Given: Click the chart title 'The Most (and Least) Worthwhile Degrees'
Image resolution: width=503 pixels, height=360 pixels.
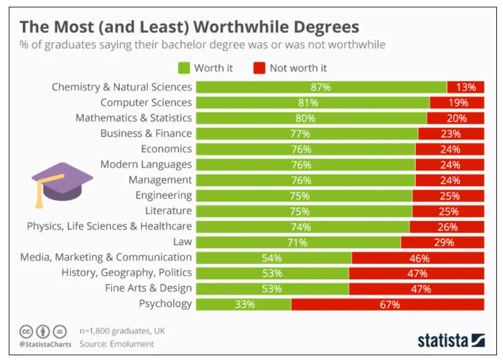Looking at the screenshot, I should (189, 27).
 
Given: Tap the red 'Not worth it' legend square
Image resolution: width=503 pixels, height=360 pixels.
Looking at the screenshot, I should (259, 68).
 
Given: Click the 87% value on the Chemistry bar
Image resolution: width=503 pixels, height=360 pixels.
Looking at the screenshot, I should (321, 87).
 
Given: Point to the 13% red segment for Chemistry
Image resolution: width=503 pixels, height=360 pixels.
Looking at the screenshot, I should (465, 87).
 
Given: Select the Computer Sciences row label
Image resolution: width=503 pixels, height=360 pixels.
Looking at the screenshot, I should (146, 103).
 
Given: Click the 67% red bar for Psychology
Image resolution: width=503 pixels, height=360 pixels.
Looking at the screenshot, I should (387, 304).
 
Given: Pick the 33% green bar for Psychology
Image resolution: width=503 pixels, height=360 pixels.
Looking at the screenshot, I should (244, 304).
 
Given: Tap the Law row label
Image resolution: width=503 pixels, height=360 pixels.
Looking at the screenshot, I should (183, 242).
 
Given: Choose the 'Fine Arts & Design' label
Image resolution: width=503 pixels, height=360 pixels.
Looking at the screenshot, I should (148, 288).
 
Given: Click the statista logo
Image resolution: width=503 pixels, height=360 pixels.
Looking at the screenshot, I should (451, 339).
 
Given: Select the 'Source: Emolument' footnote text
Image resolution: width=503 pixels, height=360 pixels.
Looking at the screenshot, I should (116, 344).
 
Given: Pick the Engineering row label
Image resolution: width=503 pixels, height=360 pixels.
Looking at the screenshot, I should (163, 195).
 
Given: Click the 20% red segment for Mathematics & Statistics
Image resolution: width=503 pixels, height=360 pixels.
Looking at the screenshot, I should (455, 118).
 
